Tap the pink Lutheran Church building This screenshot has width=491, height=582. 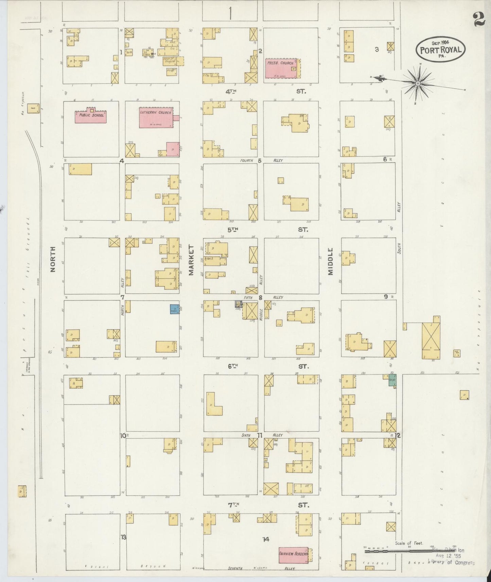pyautogui.click(x=156, y=118)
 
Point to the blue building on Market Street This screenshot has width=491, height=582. pyautogui.click(x=175, y=309)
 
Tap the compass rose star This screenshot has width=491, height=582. pyautogui.click(x=418, y=83)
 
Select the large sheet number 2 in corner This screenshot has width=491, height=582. pyautogui.click(x=478, y=19)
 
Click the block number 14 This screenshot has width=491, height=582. pyautogui.click(x=266, y=539)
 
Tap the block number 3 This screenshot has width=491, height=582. pyautogui.click(x=376, y=50)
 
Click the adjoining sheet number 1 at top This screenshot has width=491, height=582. pyautogui.click(x=230, y=14)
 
